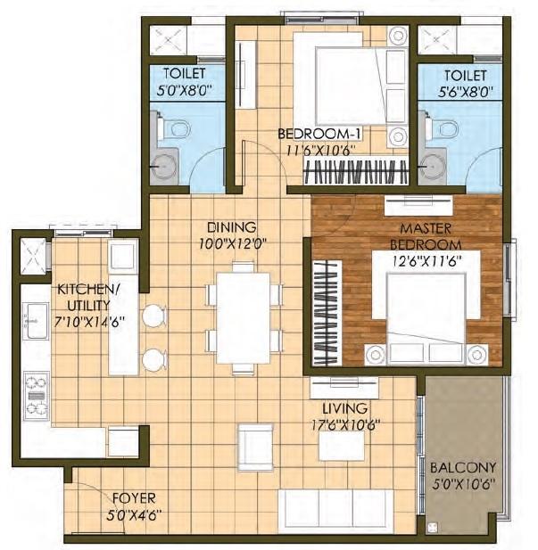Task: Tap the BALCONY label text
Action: pos(462,467)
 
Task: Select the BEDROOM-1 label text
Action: pos(318,134)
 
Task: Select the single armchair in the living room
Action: pos(255,443)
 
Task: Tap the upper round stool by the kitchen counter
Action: pos(153,316)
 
